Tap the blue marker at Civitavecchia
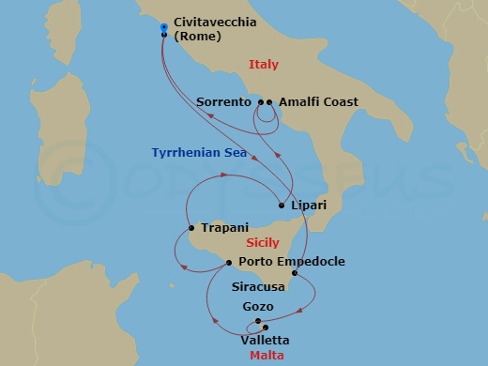(164, 29)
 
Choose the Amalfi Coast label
(318, 102)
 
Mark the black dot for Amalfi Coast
(269, 102)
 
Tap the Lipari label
(310, 206)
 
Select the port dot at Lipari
(282, 206)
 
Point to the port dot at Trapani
(191, 227)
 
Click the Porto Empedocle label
(292, 262)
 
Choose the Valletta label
(266, 340)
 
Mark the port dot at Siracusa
(295, 274)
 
